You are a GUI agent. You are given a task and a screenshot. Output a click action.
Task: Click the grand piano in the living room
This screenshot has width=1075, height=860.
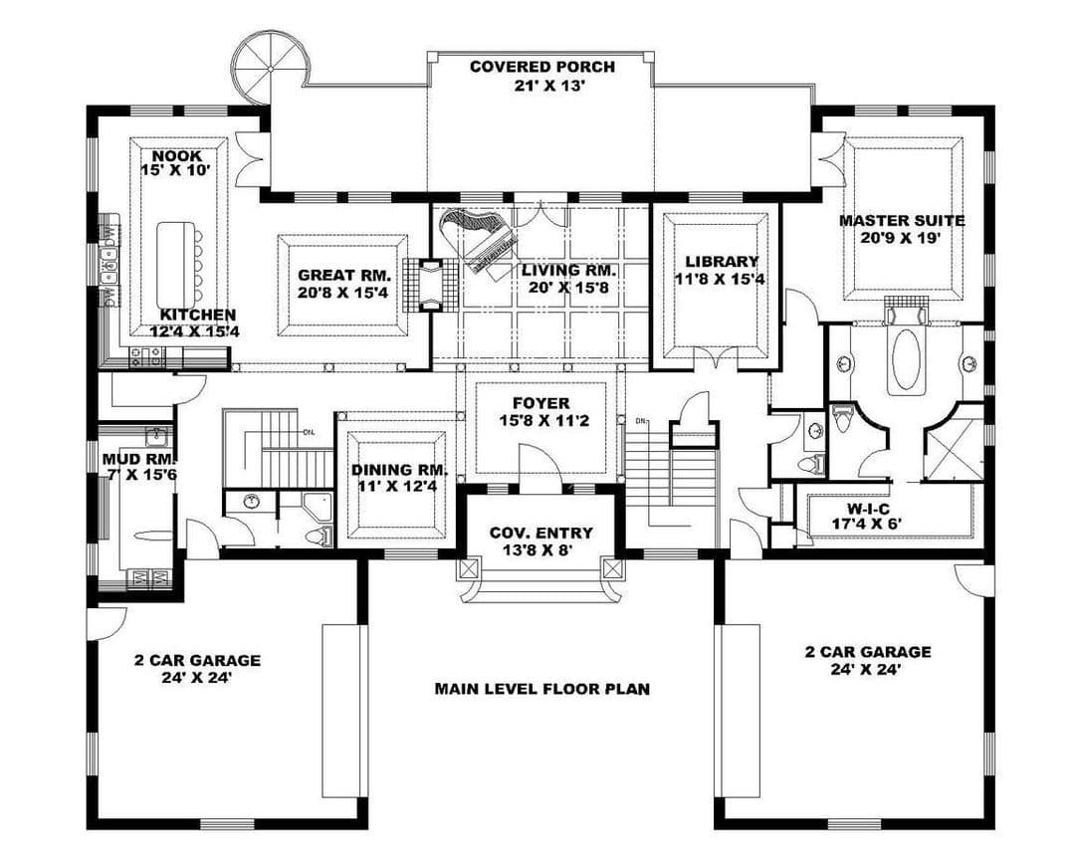[480, 244]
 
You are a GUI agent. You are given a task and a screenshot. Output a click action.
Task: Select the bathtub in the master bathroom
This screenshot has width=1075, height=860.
[906, 360]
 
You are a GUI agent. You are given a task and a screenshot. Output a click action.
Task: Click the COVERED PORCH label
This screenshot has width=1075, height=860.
[541, 68]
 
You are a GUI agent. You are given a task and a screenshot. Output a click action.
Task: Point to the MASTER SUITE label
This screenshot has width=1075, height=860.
[902, 221]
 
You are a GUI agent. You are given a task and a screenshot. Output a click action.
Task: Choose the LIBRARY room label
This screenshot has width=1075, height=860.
[722, 262]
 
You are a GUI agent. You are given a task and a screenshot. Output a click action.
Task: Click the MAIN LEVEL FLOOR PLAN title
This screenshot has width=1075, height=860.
[542, 689]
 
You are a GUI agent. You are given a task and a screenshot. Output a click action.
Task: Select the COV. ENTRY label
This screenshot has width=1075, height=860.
[540, 533]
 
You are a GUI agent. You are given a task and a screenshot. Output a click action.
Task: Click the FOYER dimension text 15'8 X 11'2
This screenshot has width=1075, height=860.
[541, 420]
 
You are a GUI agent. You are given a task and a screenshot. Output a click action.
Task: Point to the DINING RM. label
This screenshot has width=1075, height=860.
[400, 471]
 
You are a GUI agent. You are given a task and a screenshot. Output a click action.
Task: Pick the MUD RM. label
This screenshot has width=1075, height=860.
[140, 458]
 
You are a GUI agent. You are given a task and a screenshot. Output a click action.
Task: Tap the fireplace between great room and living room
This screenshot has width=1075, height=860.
[431, 285]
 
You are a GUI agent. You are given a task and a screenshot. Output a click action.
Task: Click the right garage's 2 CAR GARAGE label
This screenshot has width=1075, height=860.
[868, 652]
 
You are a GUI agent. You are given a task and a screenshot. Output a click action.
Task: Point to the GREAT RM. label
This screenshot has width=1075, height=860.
[344, 276]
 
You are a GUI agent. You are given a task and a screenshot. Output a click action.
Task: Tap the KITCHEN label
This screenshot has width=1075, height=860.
[198, 315]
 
